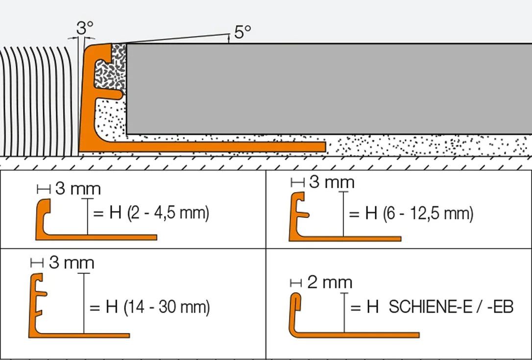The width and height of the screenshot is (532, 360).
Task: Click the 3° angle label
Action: click(84, 28)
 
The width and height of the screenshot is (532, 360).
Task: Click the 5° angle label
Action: click(242, 32)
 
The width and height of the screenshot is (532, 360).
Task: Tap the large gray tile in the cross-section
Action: click(329, 89)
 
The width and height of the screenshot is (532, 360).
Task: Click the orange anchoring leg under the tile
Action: click(217, 146)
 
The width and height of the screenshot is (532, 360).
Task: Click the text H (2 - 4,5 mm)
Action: click(159, 213)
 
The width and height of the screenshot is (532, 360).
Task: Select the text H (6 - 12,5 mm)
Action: click(419, 214)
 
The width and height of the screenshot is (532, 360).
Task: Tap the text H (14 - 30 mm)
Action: click(158, 307)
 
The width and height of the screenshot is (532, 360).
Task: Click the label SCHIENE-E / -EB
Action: click(451, 307)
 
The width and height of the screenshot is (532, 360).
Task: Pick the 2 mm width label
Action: click(330, 282)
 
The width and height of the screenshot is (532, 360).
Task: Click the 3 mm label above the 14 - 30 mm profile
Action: click(72, 263)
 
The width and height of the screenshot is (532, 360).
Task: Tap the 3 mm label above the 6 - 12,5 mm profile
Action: click(332, 182)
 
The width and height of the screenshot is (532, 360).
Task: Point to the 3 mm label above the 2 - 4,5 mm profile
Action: click(78, 189)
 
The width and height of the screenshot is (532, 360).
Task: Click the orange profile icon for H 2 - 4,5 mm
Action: click(95, 237)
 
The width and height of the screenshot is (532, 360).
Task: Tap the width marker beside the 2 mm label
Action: click(296, 283)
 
